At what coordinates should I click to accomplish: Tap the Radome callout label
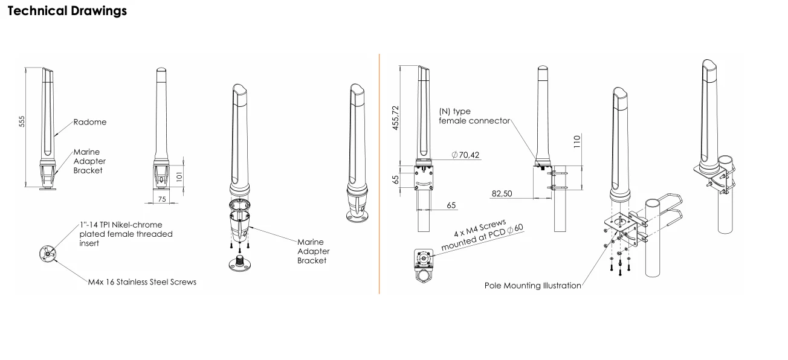[x=89, y=122]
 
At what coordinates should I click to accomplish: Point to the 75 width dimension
[x=161, y=198]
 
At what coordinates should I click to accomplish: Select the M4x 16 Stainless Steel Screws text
[x=141, y=281]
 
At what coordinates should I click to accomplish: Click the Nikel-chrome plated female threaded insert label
[x=126, y=234]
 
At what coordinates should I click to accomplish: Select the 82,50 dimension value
[x=503, y=194]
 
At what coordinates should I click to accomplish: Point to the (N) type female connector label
[x=463, y=116]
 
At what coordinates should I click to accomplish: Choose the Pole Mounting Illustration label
[x=532, y=285]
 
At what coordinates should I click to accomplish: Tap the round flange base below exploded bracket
[x=240, y=264]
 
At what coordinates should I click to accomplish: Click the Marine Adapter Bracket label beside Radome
[x=89, y=161]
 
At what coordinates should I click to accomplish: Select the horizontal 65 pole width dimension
[x=451, y=205]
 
